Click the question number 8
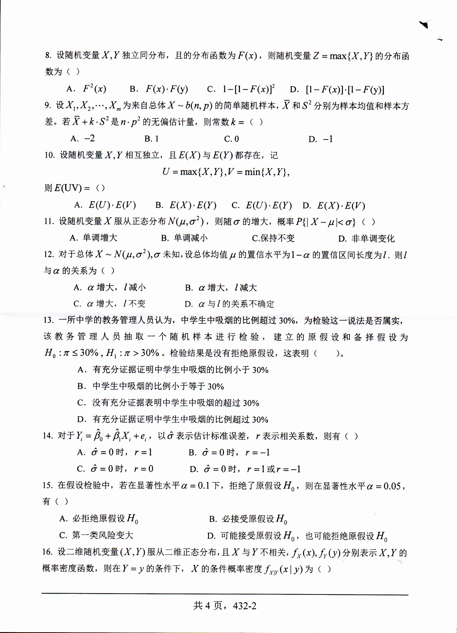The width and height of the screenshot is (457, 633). pyautogui.click(x=48, y=55)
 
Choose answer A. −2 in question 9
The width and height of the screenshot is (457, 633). pyautogui.click(x=83, y=138)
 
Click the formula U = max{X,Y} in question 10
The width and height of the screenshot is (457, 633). pyautogui.click(x=193, y=172)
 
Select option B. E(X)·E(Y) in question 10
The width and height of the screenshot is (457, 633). pyautogui.click(x=186, y=205)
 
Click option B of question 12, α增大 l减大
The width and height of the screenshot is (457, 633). pyautogui.click(x=221, y=287)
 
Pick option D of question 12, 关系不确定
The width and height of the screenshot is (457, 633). pyautogui.click(x=229, y=304)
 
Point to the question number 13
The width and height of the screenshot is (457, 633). pyautogui.click(x=49, y=320)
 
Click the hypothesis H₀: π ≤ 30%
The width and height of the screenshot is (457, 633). pyautogui.click(x=71, y=353)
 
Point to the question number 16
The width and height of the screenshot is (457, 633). pyautogui.click(x=47, y=551)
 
